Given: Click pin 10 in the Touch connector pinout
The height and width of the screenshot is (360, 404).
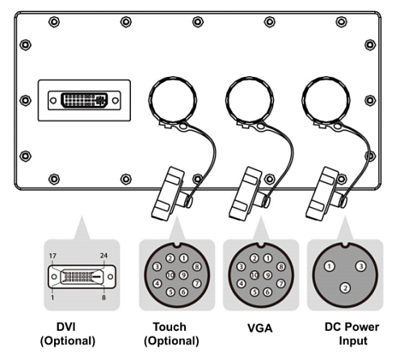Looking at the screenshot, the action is pos(170,275).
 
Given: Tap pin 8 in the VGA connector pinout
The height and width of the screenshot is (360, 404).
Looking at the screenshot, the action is pos(281,267).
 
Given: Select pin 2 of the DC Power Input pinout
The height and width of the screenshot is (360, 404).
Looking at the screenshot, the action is pos(345,288).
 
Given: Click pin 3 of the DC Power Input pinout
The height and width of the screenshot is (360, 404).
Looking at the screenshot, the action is pos(360,266).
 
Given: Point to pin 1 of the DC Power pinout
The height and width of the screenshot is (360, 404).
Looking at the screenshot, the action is pos(329,266).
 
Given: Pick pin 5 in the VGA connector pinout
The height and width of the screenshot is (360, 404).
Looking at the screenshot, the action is pos(255,292).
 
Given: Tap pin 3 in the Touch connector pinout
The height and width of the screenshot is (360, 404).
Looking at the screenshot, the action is pos(157,267).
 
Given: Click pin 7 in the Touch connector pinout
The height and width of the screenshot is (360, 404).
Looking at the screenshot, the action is pos(197,283).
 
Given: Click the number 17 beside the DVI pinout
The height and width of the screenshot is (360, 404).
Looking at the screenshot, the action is pos(53,256).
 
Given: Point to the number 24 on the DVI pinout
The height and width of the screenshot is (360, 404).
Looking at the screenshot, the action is pos(103,256).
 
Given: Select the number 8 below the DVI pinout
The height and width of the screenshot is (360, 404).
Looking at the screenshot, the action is pos(103,298).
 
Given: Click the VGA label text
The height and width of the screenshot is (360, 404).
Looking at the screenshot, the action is pos(260,328).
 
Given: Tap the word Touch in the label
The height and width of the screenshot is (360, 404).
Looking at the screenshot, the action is pos(170,327).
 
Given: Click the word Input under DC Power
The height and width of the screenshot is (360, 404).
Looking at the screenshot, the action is pos(353,341).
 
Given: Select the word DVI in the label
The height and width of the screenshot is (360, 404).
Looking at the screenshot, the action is pos(66,327).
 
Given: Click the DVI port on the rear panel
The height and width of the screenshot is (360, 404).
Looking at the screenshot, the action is pos(84,100).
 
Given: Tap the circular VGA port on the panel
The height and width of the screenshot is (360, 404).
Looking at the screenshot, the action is pos(250,100).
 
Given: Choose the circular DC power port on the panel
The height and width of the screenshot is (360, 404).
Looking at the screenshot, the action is pos(326,100).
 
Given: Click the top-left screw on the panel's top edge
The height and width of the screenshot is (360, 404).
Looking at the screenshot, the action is pos(54,22).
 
